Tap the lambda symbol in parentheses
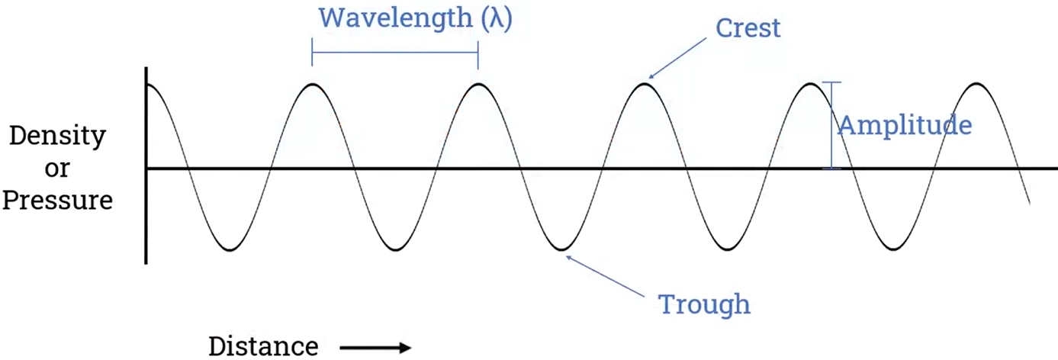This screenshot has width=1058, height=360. point(497,18)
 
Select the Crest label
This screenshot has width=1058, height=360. point(748,29)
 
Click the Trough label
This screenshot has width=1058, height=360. point(704,304)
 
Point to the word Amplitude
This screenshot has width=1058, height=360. point(905,126)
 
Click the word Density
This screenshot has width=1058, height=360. point(57,137)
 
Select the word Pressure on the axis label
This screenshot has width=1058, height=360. point(57,202)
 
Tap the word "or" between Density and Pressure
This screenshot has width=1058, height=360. point(57,169)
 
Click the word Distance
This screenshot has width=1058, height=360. point(263,346)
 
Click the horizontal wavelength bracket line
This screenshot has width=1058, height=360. point(395,53)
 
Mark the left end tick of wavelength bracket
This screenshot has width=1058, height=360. point(312,53)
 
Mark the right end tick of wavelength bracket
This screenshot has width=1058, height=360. point(478,53)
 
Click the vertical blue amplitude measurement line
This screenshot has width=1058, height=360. point(832,126)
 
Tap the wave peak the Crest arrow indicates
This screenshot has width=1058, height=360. point(645,83)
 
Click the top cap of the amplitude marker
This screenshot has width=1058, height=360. point(832,82)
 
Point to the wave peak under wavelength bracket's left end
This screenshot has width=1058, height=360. point(312,83)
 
